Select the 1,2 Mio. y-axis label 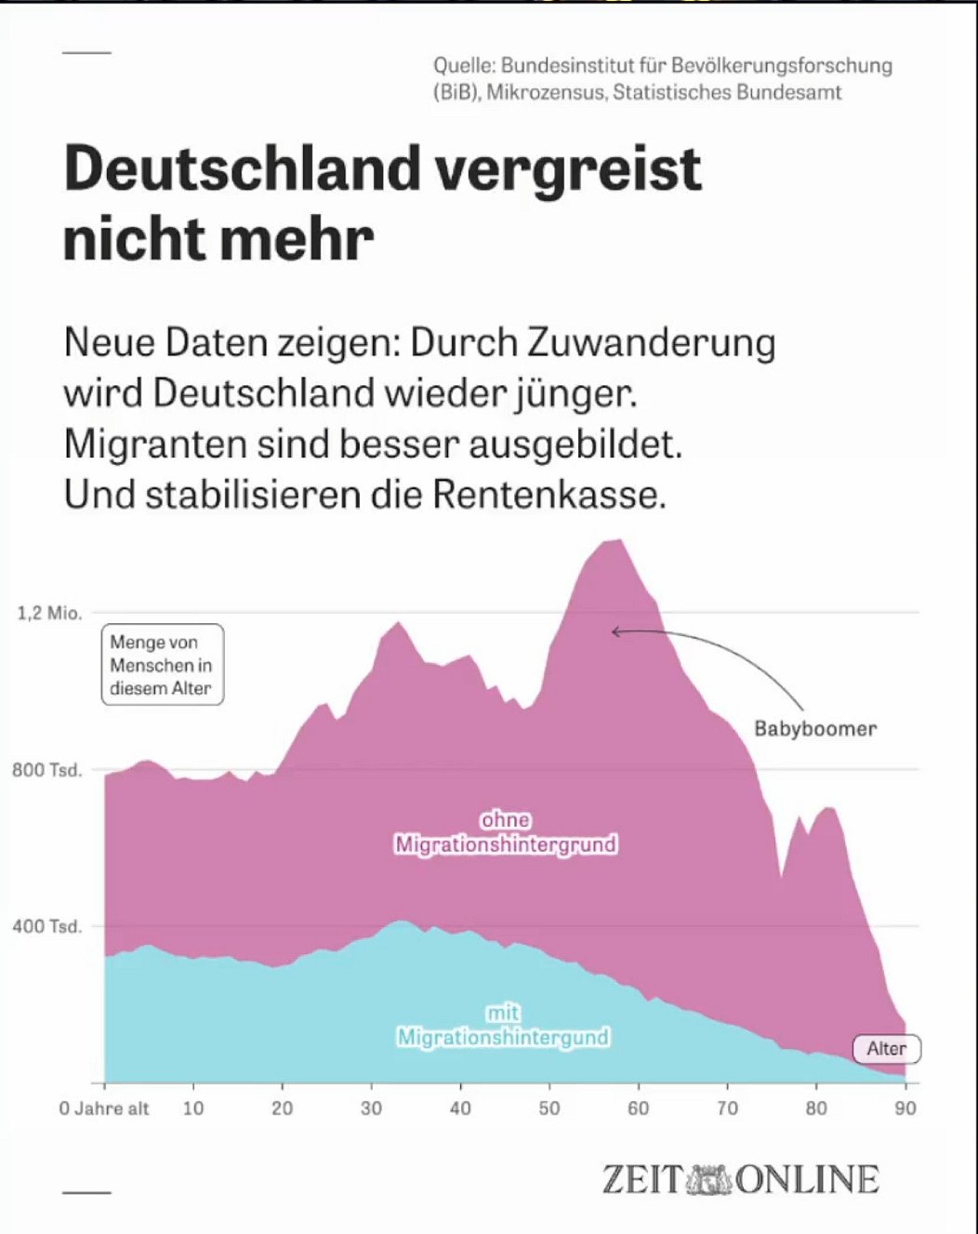tap(50, 613)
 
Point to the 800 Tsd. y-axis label tap(47, 770)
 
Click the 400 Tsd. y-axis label tap(47, 926)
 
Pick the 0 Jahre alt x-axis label tap(104, 1108)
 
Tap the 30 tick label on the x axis tap(371, 1108)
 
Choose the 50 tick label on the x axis tap(549, 1108)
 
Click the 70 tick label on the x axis tap(727, 1108)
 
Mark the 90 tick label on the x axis tap(905, 1108)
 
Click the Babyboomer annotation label tap(815, 729)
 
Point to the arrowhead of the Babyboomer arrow tap(615, 632)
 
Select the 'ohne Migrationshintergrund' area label tap(506, 832)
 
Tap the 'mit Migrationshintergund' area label tap(503, 1025)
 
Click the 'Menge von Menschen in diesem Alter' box tap(162, 665)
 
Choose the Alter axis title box tap(887, 1049)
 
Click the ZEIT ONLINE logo tap(740, 1179)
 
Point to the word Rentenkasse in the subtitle tap(548, 494)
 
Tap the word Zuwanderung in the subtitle tap(652, 343)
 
